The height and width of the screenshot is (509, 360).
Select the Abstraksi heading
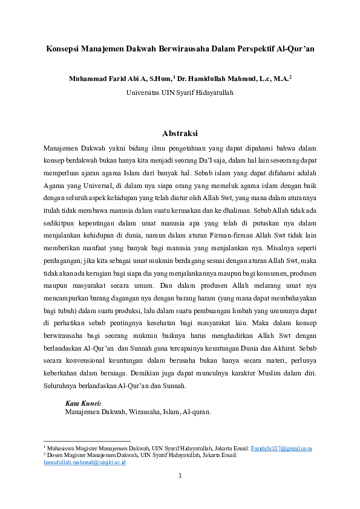[x=180, y=134]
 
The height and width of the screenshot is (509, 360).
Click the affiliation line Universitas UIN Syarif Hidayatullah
[x=180, y=92]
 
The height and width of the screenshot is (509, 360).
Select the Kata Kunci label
[x=83, y=403]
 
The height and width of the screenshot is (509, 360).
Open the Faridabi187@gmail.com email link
[x=281, y=448]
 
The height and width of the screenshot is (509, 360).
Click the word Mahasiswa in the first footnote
[x=62, y=448]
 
